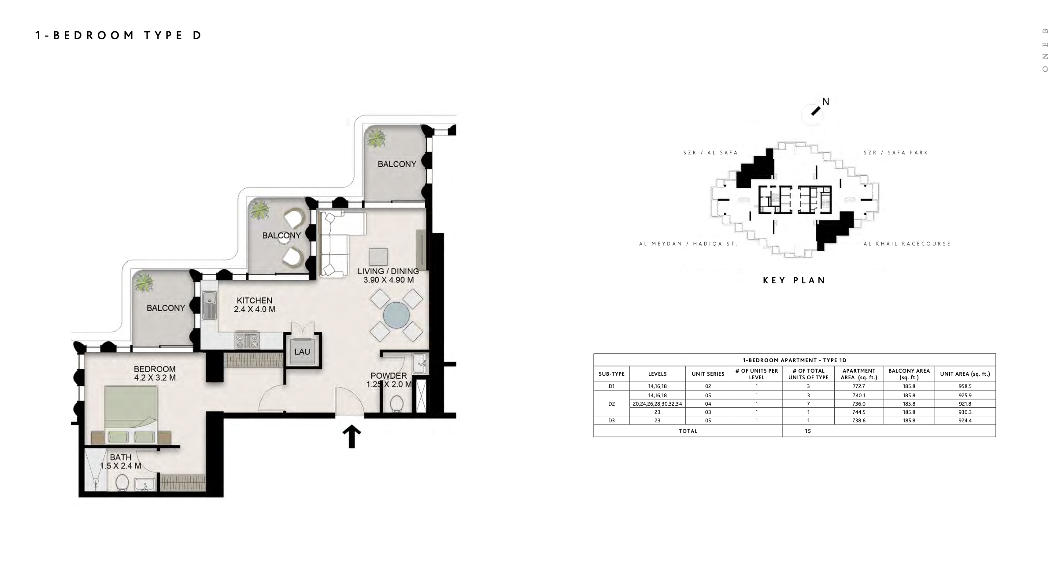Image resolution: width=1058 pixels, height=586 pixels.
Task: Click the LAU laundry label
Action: (x=302, y=352)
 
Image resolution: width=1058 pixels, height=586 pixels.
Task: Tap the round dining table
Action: (x=396, y=315)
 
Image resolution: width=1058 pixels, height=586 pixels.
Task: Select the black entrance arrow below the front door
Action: (x=351, y=436)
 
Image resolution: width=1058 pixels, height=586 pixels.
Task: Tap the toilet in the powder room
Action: (x=397, y=403)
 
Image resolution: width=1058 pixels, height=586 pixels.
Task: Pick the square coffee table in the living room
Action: (x=378, y=257)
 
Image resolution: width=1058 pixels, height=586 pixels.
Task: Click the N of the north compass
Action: (x=826, y=102)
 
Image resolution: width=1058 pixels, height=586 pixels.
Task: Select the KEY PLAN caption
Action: (x=794, y=280)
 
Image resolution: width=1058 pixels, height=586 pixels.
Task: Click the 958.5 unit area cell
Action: (x=965, y=386)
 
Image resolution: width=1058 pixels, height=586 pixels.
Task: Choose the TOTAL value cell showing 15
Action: (x=808, y=431)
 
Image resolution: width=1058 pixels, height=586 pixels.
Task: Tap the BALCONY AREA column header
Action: (x=909, y=374)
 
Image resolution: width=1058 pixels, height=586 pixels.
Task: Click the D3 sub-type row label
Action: (x=611, y=421)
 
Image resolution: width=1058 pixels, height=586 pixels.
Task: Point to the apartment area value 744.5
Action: (x=859, y=412)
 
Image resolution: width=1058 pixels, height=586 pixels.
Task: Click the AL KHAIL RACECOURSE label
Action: (x=907, y=244)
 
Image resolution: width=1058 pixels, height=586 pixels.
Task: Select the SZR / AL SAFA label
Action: (x=710, y=153)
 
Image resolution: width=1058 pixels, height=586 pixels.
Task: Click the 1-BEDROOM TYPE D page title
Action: (x=118, y=35)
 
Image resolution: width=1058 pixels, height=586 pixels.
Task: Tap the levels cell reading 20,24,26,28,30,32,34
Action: (x=657, y=404)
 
